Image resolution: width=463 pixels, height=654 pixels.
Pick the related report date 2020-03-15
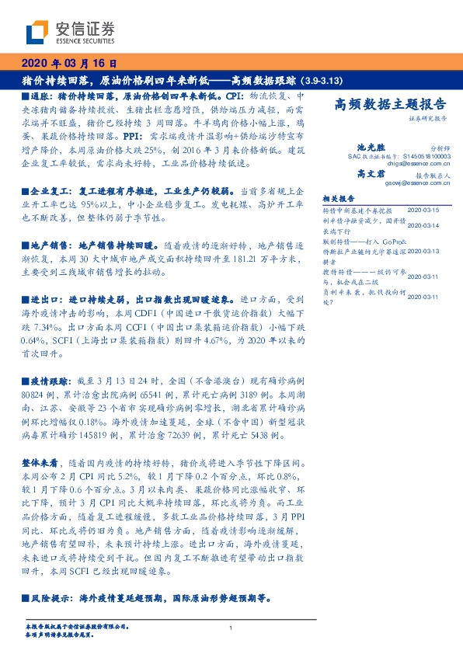pyautogui.click(x=423, y=210)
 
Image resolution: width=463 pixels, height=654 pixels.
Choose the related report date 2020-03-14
pyautogui.click(x=423, y=225)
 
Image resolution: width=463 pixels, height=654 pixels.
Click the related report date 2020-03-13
pyautogui.click(x=423, y=251)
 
